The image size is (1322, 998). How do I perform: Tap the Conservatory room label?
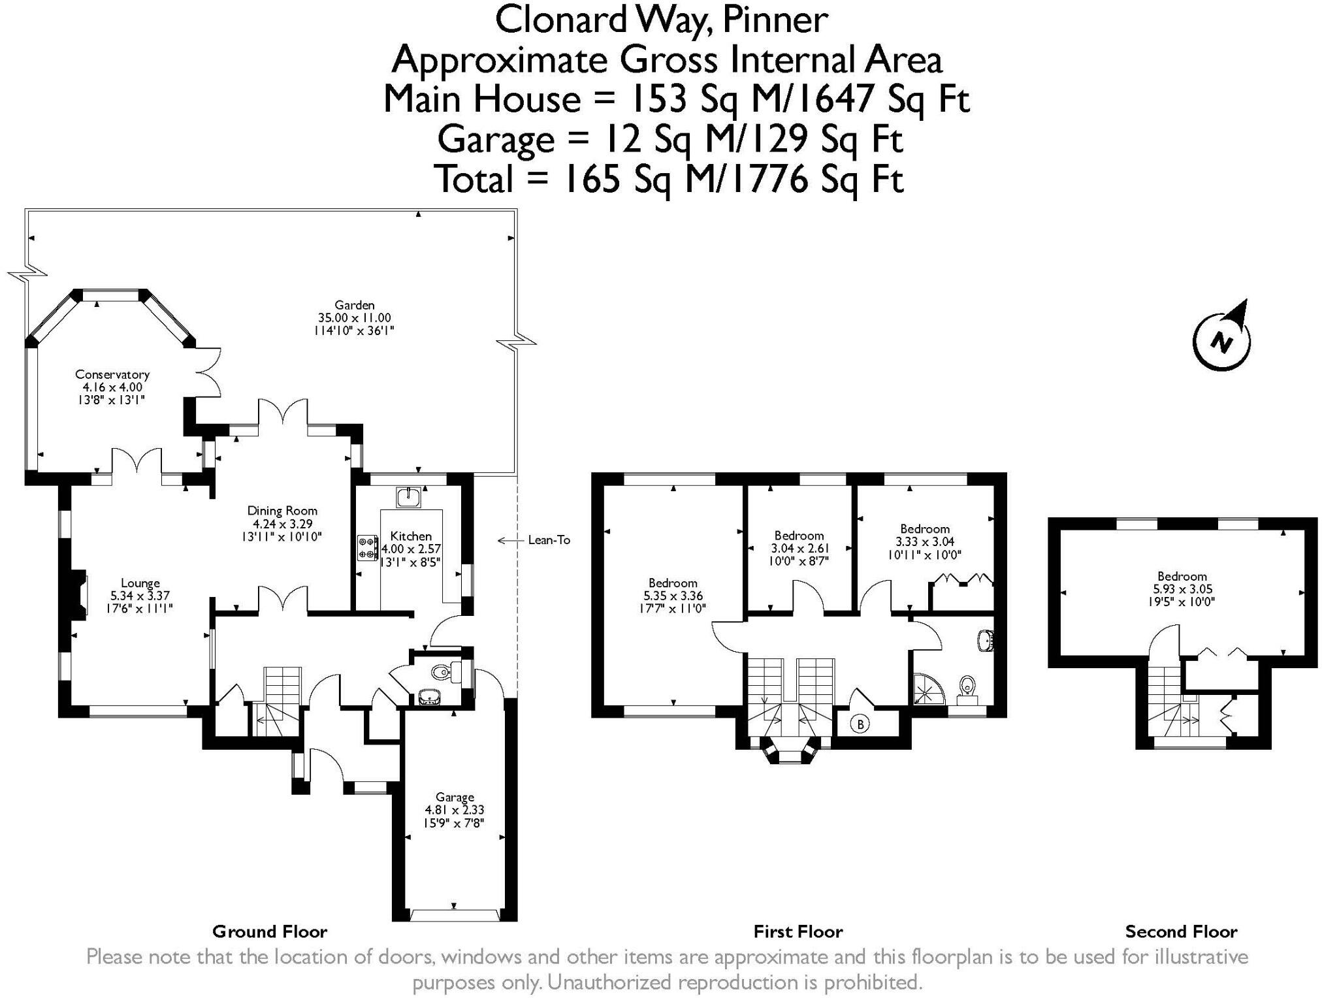112,374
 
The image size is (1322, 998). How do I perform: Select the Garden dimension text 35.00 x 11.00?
355,317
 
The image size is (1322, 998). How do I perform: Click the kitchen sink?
409,497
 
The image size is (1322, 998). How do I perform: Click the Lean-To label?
549,540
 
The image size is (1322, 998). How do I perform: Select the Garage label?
455,797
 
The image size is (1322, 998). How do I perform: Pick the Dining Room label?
282,511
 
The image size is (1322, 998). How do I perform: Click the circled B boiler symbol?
860,724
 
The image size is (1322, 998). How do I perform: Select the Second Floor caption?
1181,931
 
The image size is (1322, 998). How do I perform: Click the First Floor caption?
798,931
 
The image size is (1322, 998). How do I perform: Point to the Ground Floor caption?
270,931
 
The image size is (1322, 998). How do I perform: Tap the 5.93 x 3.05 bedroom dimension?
1182,589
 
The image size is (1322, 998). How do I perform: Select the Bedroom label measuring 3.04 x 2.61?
799,536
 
